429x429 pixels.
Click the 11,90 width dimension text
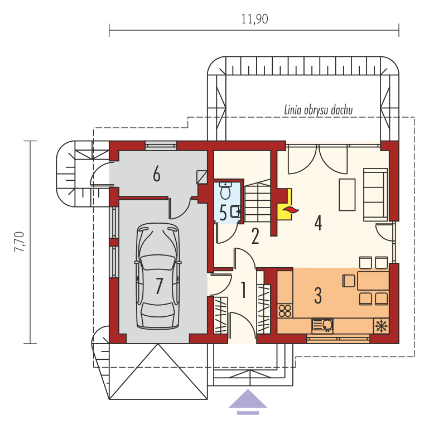pos(254,19)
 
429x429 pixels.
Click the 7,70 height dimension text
pos(20,242)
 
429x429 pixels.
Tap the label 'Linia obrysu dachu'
pos(319,110)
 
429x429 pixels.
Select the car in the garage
pos(158,276)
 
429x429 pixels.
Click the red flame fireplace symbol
pos(291,210)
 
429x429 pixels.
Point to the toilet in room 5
pos(225,190)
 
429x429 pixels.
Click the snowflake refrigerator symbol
pos(381,326)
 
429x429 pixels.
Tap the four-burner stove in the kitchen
pos(285,311)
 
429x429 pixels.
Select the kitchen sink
pos(322,326)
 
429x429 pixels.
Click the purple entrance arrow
pos(248,401)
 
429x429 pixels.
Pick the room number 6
pos(157,174)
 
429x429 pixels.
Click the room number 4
pos(318,223)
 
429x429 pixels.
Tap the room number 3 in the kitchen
pos(318,296)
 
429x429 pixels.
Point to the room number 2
pos(255,237)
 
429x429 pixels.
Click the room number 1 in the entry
pos(243,290)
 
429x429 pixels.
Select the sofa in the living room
pos(375,195)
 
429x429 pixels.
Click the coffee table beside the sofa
pos(347,195)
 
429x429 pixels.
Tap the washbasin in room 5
pos(235,211)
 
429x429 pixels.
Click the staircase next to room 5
pos(257,201)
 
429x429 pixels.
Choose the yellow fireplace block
pos(285,204)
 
